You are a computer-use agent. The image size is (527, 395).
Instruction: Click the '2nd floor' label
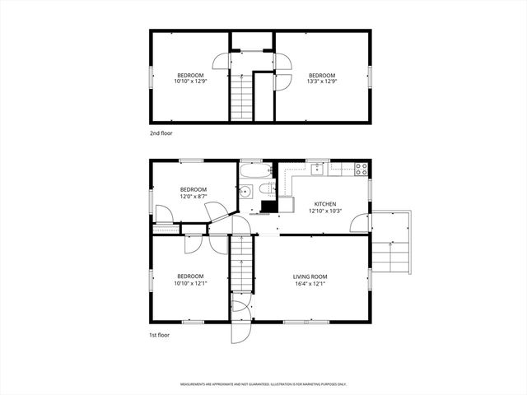tap(161, 132)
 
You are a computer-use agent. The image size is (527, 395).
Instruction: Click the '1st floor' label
tap(160, 336)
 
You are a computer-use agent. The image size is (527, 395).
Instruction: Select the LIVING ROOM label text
tap(310, 276)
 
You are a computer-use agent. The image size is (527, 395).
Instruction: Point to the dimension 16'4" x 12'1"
tap(310, 284)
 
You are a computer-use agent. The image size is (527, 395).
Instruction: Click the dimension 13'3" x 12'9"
tap(321, 81)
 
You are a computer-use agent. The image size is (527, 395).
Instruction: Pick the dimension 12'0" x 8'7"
tap(194, 196)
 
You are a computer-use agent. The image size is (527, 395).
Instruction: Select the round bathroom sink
tap(246, 193)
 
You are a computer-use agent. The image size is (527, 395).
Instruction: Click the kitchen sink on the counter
tap(318, 168)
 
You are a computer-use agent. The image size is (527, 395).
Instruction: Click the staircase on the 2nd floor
tap(240, 95)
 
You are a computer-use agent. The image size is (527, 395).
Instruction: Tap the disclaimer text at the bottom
tap(263, 384)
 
